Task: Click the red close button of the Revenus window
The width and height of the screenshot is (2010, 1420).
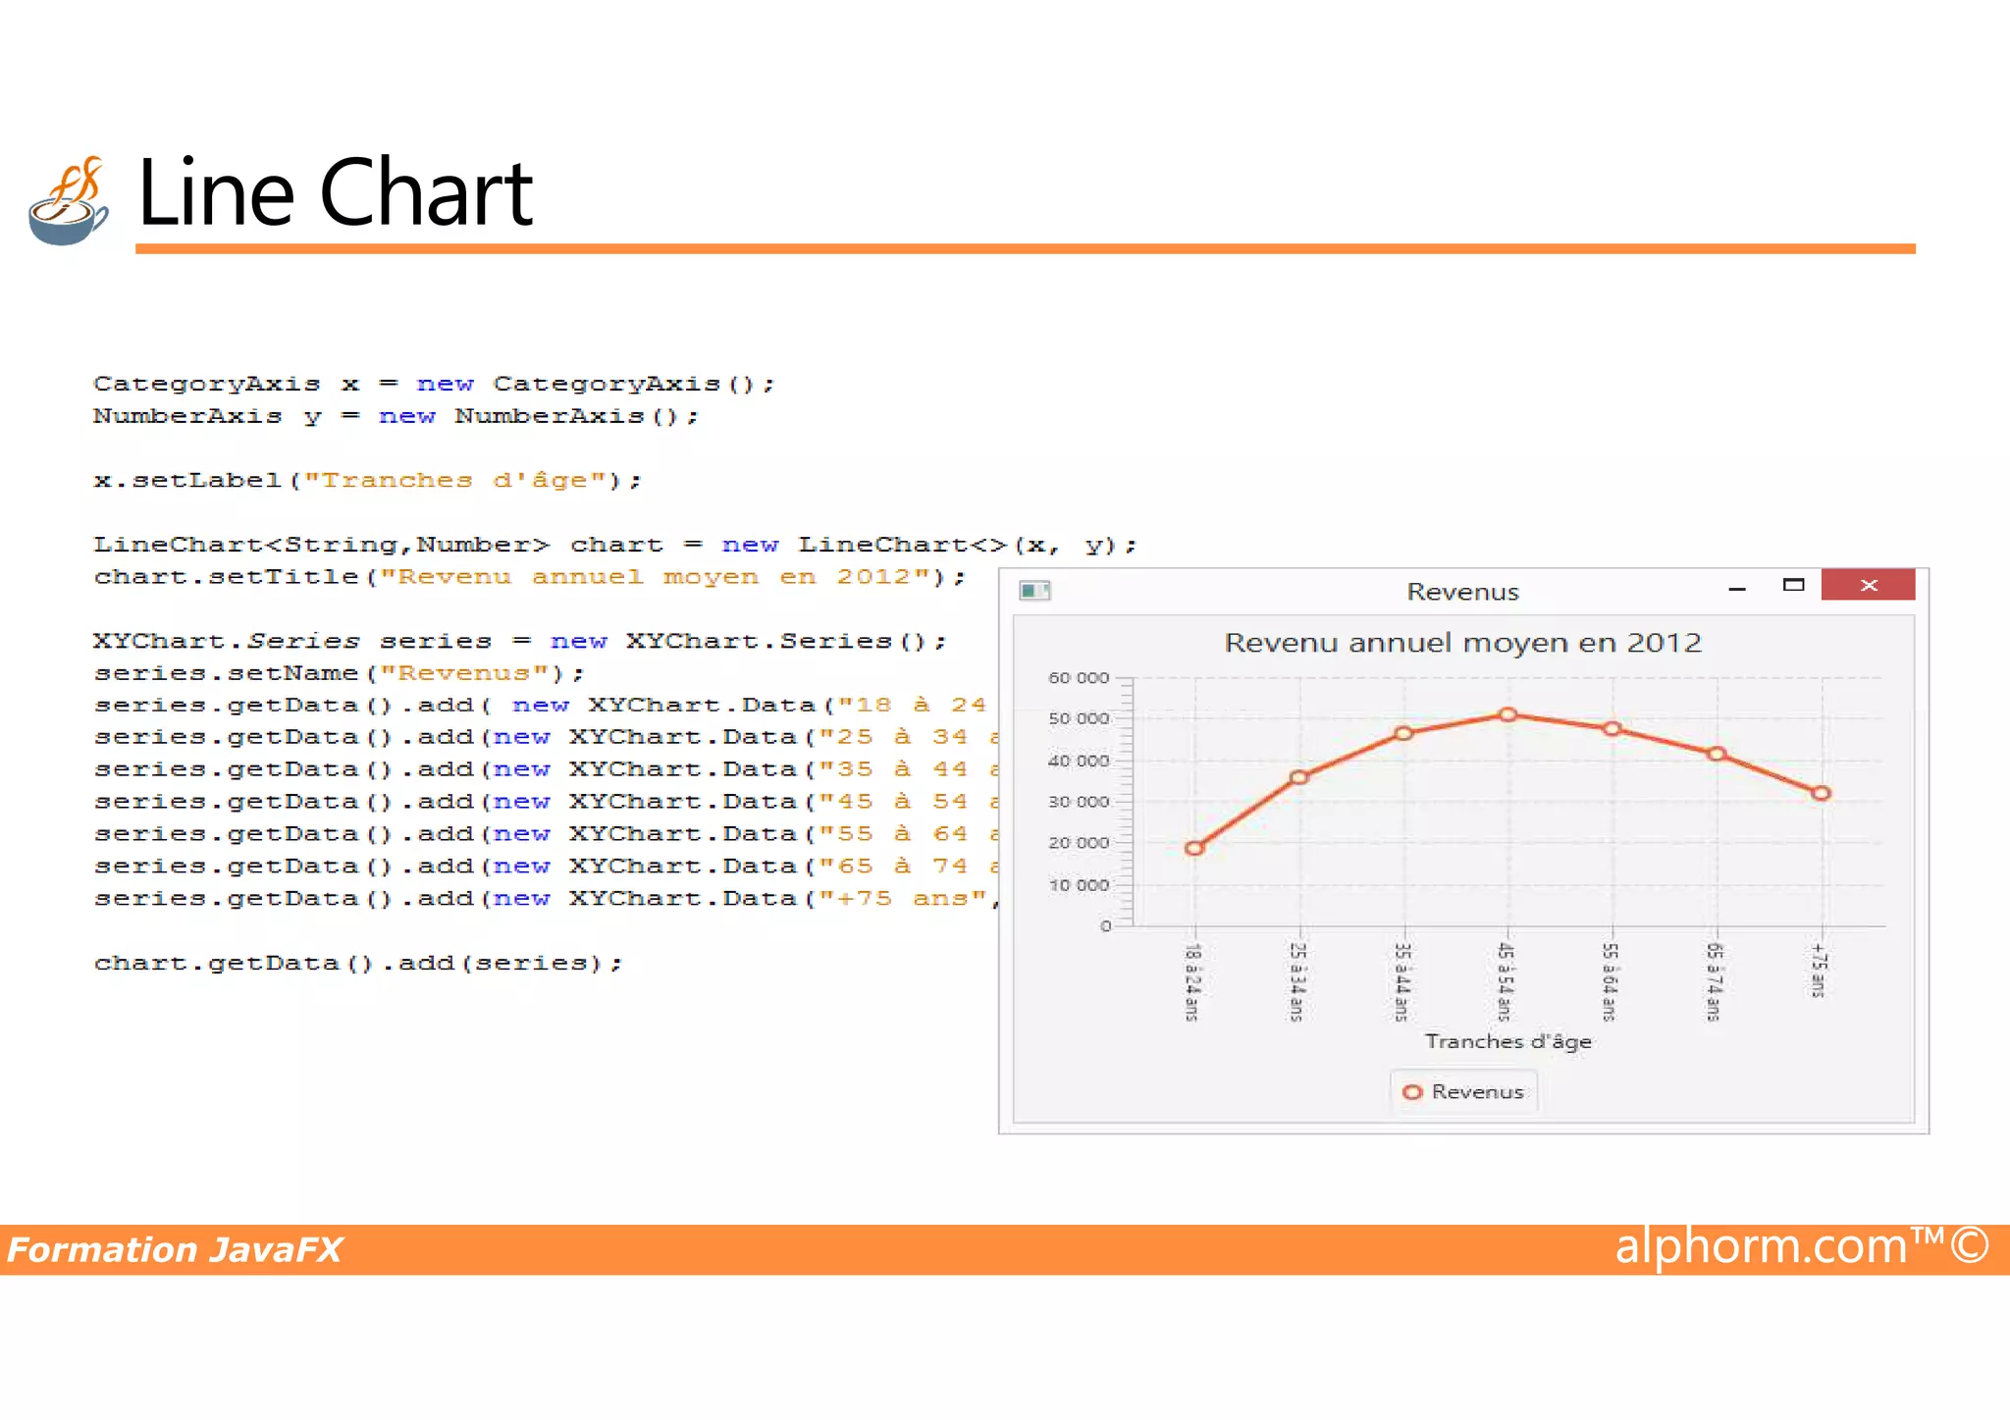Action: (x=1868, y=585)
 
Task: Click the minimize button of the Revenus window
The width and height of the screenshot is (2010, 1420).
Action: (x=1737, y=588)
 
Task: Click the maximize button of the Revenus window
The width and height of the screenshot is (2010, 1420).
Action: (x=1793, y=585)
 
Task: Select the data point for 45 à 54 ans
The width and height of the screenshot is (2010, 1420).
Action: (x=1508, y=714)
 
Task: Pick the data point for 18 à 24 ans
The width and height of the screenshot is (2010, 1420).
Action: (x=1194, y=848)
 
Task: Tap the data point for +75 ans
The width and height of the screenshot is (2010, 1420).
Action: (x=1821, y=793)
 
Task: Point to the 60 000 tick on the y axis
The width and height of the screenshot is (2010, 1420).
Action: (x=1079, y=678)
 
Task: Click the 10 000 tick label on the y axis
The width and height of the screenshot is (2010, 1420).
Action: (x=1079, y=885)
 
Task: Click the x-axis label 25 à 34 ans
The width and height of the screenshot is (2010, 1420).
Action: (x=1297, y=981)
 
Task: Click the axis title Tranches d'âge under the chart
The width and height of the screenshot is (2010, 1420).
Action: (x=1508, y=1041)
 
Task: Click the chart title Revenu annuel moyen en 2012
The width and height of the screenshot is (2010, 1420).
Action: (x=1462, y=643)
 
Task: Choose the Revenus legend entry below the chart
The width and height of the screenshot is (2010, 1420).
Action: (x=1463, y=1092)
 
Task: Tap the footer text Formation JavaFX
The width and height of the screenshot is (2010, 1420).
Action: (x=175, y=1250)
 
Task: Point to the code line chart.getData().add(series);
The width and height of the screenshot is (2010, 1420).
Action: (x=358, y=964)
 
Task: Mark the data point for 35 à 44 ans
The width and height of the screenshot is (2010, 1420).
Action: (x=1403, y=733)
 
